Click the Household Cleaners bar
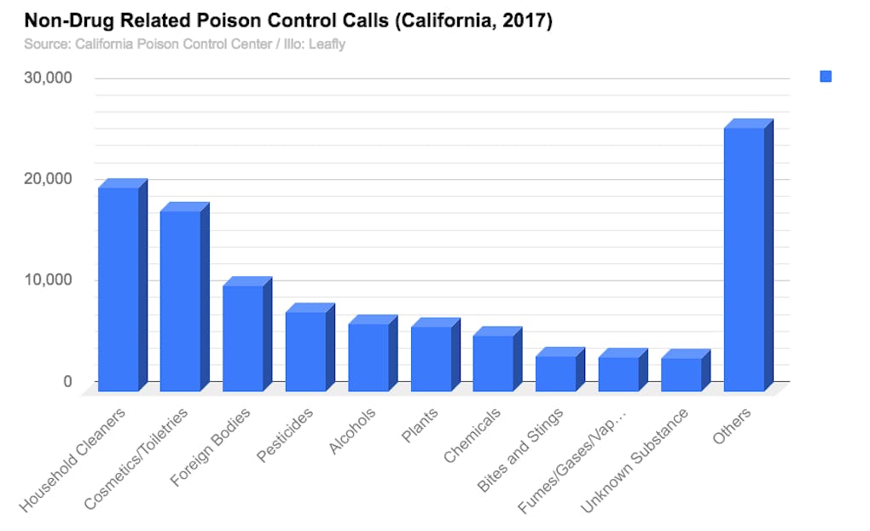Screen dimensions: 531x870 tap(119, 289)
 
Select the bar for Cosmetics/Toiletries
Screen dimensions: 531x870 tap(181, 301)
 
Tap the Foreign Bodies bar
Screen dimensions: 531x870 tap(243, 338)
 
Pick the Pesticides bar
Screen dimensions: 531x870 tap(305, 351)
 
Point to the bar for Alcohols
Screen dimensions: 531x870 tap(368, 357)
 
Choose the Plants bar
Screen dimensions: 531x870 tap(431, 359)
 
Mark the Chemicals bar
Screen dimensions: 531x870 tap(493, 363)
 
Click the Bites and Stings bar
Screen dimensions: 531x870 tap(556, 373)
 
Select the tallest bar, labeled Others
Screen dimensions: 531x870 tap(744, 259)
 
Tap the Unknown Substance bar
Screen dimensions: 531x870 tap(681, 374)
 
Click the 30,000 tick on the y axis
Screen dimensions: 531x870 tap(48, 78)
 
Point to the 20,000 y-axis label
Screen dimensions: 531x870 tap(48, 179)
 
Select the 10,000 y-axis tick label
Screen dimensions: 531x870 tap(48, 280)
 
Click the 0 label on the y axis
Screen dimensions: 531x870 tap(67, 381)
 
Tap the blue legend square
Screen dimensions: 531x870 tap(826, 77)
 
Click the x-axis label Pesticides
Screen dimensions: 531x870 tap(287, 436)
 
